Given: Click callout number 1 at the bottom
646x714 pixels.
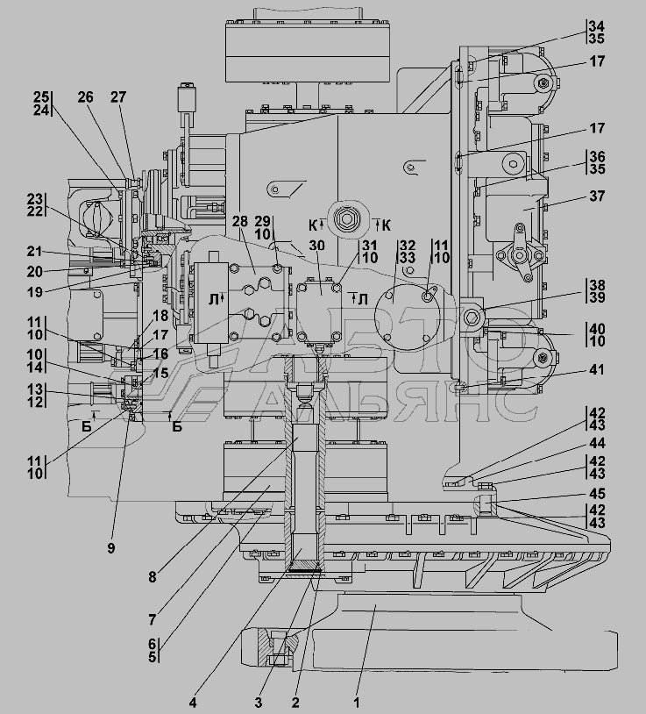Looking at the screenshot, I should coord(356,701).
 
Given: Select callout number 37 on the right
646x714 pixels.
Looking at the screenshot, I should coord(597,196).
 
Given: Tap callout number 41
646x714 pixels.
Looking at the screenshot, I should coord(597,369).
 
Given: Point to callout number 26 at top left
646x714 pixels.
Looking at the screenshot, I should coord(85,97).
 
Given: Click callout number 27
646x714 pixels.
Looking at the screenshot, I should coord(117,97).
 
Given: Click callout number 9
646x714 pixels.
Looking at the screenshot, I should coord(112,549).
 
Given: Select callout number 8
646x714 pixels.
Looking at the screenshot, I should coord(152,576).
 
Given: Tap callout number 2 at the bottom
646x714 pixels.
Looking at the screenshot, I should coord(296,701).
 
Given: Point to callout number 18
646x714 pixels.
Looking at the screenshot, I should coord(161,316).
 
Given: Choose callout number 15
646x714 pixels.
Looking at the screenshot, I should coord(160,373).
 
